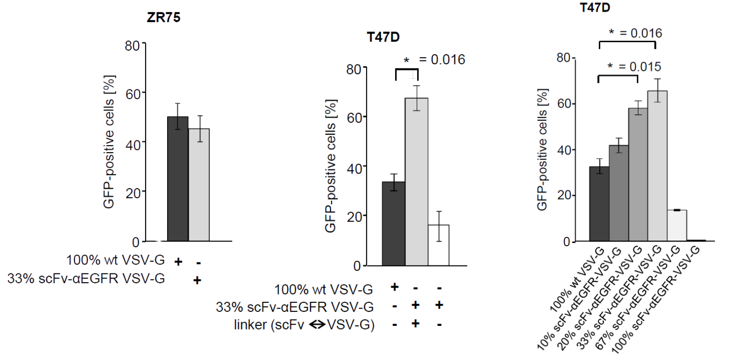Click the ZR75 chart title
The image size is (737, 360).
click(x=163, y=18)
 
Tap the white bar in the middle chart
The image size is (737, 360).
click(x=439, y=245)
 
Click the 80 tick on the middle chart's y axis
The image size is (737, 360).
click(x=354, y=69)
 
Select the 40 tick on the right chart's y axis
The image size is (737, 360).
click(x=564, y=150)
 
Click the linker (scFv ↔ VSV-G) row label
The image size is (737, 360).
click(x=304, y=324)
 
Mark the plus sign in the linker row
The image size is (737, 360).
click(x=415, y=323)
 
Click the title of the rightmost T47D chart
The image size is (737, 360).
click(x=595, y=7)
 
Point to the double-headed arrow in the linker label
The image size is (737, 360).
click(x=317, y=324)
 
